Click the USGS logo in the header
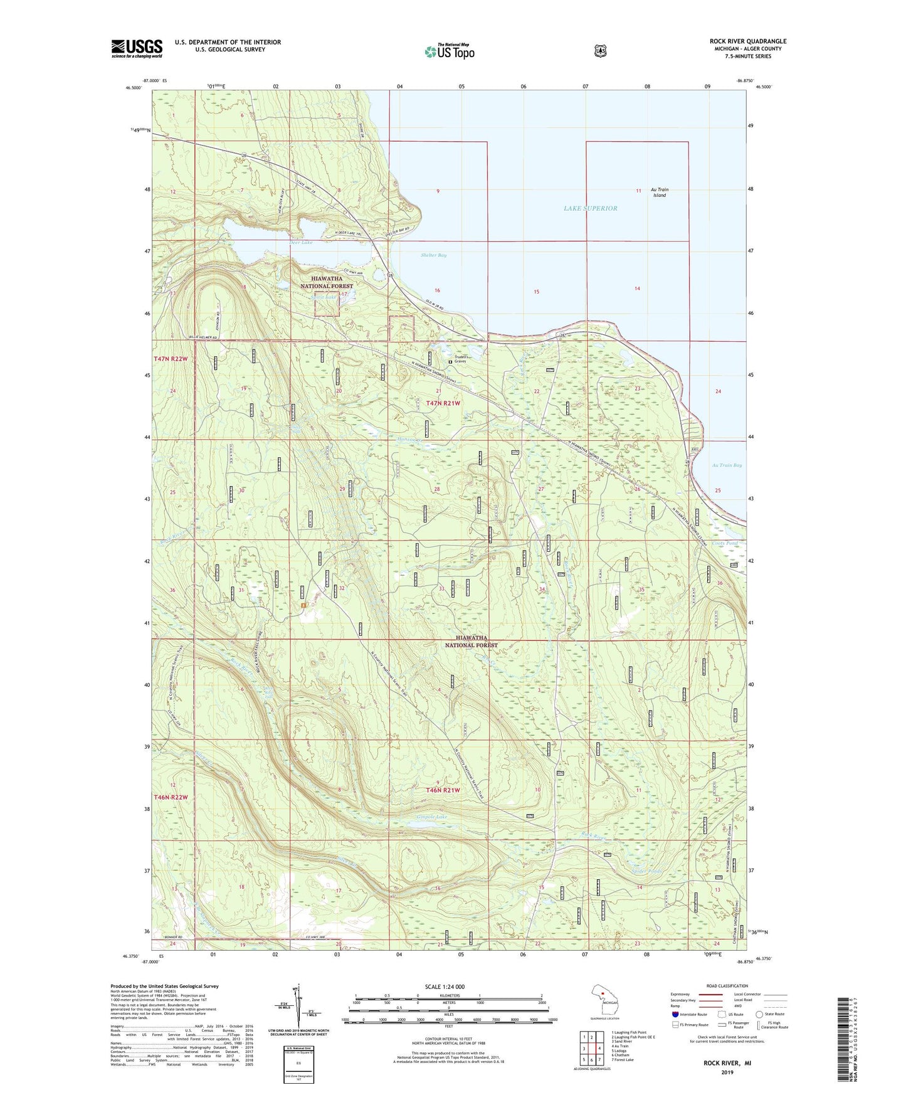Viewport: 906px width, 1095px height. [x=137, y=48]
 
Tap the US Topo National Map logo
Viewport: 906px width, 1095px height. [x=449, y=51]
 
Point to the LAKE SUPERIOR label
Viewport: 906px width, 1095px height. [x=590, y=208]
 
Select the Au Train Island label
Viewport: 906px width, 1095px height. [x=659, y=192]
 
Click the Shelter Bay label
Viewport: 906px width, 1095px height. [x=433, y=255]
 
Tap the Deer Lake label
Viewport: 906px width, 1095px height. [x=301, y=241]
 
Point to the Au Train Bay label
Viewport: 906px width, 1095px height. [x=727, y=465]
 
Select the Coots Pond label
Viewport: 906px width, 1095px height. [x=724, y=543]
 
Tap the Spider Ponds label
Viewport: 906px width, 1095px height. [x=646, y=871]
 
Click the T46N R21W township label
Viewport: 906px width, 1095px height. [x=443, y=790]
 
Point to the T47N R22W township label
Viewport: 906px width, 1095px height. [x=171, y=359]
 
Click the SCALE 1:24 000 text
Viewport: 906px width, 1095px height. [x=445, y=987]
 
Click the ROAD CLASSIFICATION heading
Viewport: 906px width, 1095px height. [x=726, y=986]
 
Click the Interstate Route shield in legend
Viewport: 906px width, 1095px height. [x=675, y=1014]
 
